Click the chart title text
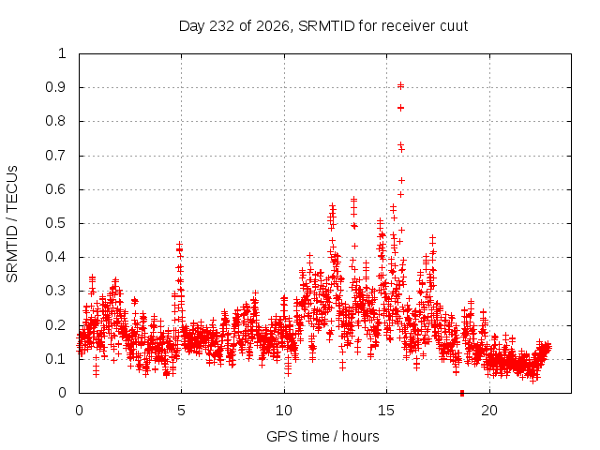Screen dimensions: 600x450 323,26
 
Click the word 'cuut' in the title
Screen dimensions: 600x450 454,27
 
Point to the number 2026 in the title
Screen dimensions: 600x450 273,26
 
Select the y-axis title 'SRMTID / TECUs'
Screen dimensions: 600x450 12,224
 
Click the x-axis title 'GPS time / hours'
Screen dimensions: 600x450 322,436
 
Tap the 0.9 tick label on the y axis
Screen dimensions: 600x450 55,87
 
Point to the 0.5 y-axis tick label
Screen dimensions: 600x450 55,223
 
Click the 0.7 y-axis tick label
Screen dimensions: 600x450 55,156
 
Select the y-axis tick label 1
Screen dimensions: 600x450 62,53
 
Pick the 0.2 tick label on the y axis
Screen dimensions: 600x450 55,325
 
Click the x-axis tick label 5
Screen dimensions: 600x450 181,411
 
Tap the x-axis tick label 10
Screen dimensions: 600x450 284,411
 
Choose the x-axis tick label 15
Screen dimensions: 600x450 386,411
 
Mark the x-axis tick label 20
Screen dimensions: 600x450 489,411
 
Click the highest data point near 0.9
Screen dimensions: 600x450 400,85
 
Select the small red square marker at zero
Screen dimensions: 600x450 462,393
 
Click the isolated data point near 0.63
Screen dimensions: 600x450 401,180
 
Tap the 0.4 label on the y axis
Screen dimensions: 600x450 55,257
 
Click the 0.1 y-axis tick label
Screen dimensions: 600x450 55,359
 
